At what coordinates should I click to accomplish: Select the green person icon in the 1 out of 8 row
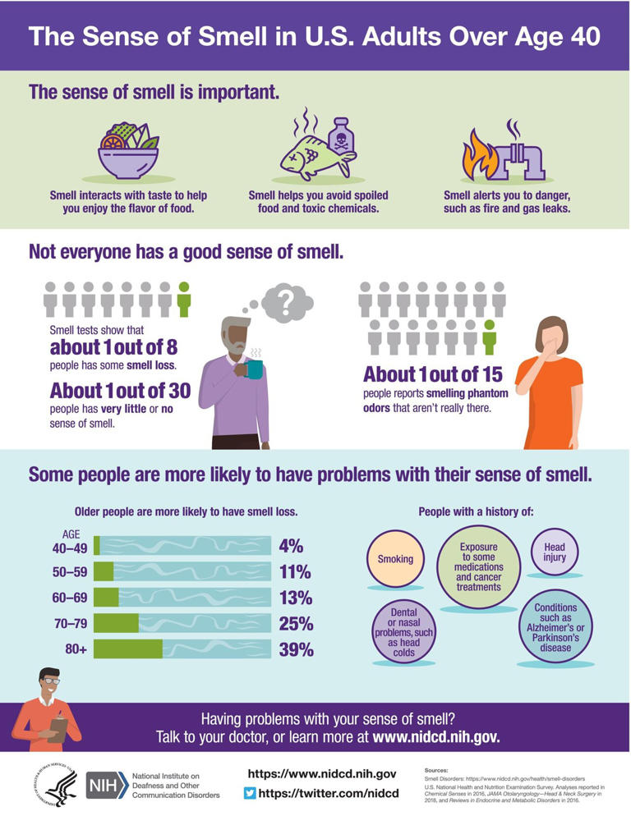(184, 300)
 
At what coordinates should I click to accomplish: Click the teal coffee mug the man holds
(255, 369)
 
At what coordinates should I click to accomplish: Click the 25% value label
(295, 624)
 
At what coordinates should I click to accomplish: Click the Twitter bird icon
(251, 793)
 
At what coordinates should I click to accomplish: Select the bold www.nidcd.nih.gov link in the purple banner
(436, 736)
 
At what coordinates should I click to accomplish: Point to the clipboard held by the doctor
(56, 726)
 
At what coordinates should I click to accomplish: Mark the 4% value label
(291, 546)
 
